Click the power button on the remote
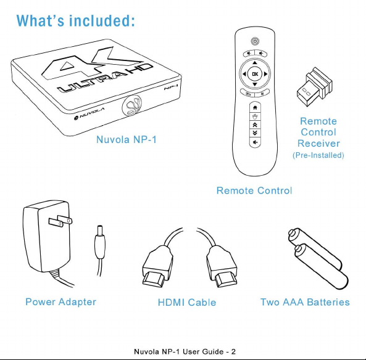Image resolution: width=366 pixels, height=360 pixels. click(x=255, y=41)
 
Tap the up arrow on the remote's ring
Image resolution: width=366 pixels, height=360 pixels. click(x=255, y=63)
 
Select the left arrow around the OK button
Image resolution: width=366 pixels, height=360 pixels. click(x=244, y=74)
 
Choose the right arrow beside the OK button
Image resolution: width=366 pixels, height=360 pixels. click(x=265, y=74)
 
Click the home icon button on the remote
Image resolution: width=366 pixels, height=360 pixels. click(x=255, y=107)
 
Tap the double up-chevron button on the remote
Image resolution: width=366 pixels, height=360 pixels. click(x=255, y=125)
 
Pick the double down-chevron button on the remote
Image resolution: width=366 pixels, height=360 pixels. click(x=255, y=133)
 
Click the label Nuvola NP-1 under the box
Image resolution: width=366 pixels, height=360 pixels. click(x=127, y=140)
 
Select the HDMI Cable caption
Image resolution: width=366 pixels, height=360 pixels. click(x=187, y=303)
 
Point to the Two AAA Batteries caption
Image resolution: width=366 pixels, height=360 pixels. click(x=305, y=302)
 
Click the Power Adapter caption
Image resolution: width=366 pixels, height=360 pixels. click(x=60, y=302)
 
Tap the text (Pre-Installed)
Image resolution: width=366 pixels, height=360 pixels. click(x=318, y=155)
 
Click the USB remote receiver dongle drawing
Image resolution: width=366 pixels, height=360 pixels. click(x=314, y=87)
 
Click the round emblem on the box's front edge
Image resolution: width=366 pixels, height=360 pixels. click(x=132, y=106)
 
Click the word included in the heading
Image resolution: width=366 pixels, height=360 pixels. click(x=102, y=20)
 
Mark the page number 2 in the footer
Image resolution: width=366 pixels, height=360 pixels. click(x=233, y=351)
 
